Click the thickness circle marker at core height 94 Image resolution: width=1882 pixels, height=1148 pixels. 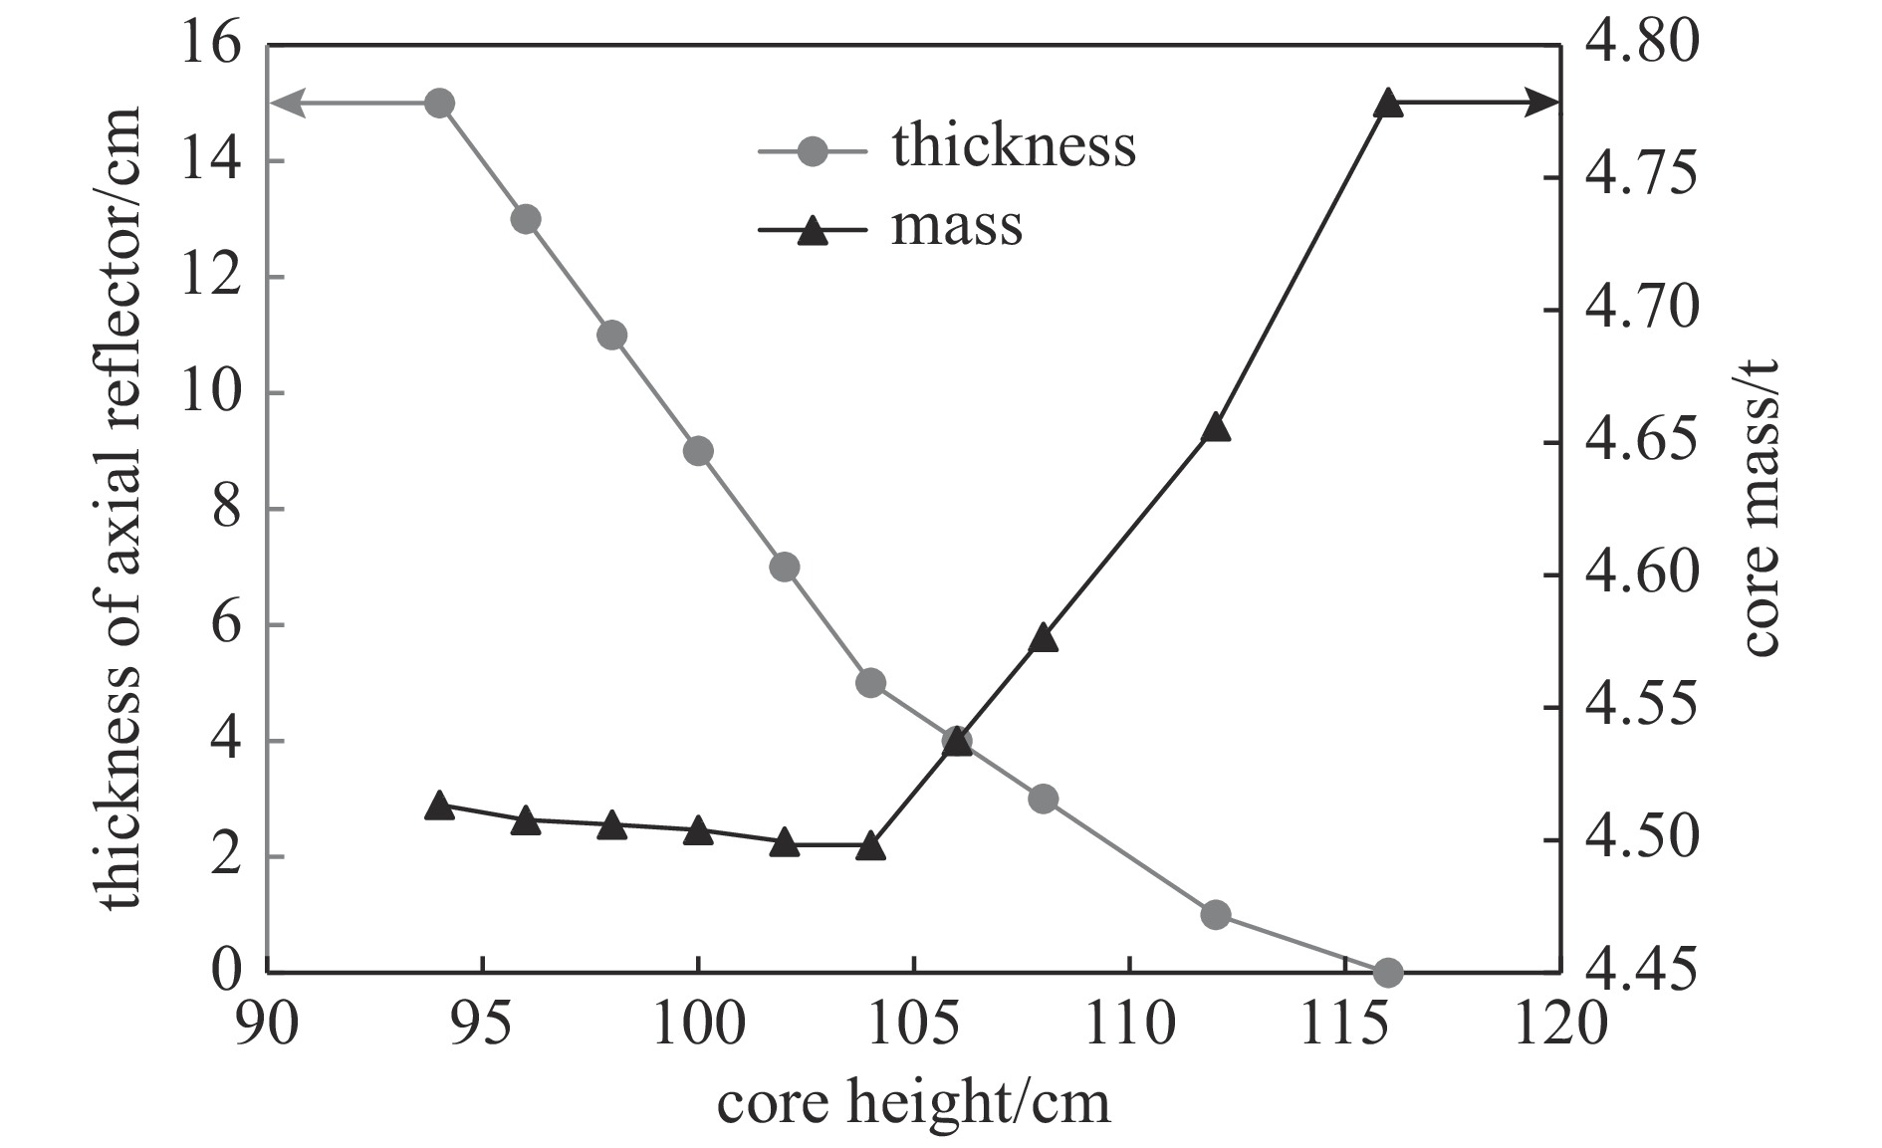[x=439, y=103]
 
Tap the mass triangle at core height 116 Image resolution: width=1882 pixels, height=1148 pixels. [x=1388, y=104]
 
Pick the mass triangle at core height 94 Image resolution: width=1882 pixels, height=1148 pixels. [x=439, y=806]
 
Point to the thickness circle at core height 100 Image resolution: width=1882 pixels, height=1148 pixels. [x=698, y=451]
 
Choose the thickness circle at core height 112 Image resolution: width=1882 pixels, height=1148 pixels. [x=1216, y=914]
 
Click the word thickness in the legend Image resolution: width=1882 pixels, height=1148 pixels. [x=1014, y=146]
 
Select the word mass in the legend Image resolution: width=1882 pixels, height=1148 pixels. [x=956, y=225]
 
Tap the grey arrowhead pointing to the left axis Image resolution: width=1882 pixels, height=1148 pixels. [x=285, y=103]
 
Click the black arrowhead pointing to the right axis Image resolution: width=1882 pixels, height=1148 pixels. [x=1543, y=103]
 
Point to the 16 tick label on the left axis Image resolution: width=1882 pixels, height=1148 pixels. [x=211, y=46]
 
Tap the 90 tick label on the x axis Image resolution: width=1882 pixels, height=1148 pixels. [x=267, y=1024]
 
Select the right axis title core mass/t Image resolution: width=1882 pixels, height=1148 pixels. [x=1760, y=508]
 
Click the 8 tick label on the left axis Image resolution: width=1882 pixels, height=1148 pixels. [x=226, y=509]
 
